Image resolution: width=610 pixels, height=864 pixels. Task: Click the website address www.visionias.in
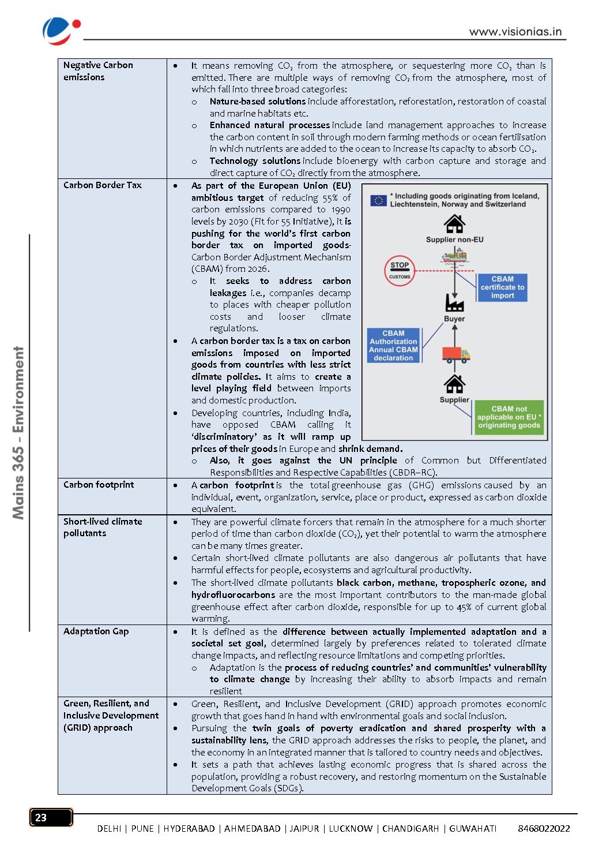515,32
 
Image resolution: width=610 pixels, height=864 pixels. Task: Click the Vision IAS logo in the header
61,31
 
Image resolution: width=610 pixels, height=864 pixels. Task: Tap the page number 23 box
51,817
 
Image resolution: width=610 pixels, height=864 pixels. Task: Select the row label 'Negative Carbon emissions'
98,71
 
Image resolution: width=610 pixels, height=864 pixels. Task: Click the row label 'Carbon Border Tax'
102,185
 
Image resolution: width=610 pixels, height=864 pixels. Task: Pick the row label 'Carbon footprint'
99,485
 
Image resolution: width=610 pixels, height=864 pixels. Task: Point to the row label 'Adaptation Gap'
96,631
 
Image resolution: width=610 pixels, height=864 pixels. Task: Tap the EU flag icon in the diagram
378,200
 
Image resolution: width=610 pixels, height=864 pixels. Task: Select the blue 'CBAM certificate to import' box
502,287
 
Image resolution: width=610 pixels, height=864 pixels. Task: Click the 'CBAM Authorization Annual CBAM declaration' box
393,346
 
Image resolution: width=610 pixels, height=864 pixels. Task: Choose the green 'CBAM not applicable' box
509,417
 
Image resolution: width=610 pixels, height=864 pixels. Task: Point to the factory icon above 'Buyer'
454,302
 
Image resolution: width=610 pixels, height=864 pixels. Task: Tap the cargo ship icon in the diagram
454,255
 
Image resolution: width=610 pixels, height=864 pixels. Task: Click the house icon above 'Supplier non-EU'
454,224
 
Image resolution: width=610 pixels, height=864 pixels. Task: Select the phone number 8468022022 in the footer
543,829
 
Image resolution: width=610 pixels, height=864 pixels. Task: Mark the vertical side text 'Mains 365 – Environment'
19,433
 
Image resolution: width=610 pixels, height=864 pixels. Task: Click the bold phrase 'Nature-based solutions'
257,102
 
